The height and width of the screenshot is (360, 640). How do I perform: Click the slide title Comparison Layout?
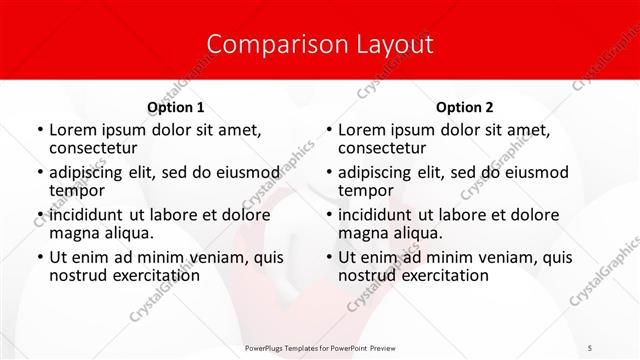(320, 44)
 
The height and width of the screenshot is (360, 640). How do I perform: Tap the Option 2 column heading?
(464, 107)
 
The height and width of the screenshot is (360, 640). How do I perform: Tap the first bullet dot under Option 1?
(39, 131)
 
